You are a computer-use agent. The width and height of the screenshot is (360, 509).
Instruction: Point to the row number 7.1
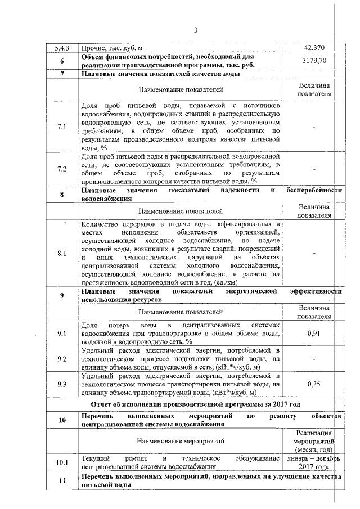[x=62, y=127]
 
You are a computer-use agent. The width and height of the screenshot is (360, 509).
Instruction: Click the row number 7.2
[x=62, y=169]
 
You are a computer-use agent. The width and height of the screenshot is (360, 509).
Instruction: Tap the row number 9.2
[x=62, y=359]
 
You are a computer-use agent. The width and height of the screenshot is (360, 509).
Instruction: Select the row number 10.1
[x=62, y=462]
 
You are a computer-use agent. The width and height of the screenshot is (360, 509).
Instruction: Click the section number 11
[x=62, y=480]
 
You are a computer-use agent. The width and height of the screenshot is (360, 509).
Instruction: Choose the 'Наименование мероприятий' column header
[x=180, y=439]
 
